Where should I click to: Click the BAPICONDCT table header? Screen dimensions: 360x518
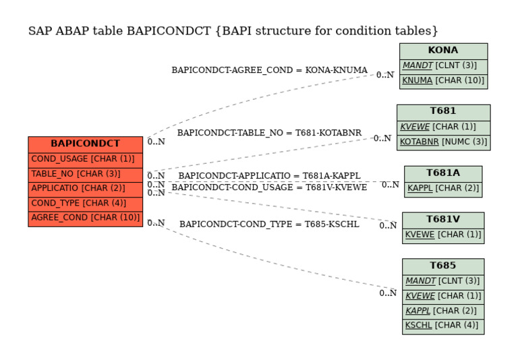click(85, 144)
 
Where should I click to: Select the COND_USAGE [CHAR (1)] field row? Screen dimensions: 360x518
click(85, 159)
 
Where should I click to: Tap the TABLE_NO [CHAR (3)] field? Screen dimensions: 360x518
click(85, 174)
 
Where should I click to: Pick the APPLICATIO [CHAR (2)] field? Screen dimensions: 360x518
click(85, 188)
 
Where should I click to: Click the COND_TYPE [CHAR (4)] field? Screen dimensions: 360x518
click(85, 203)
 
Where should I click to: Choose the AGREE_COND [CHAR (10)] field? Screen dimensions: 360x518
click(85, 218)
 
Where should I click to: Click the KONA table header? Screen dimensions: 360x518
click(442, 51)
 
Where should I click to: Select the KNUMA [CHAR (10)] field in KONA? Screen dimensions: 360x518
click(442, 81)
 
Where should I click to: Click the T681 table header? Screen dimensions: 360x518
click(442, 111)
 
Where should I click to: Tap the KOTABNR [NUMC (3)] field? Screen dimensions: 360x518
click(442, 142)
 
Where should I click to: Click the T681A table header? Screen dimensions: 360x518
click(442, 173)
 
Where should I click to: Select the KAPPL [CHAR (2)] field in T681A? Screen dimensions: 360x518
click(442, 189)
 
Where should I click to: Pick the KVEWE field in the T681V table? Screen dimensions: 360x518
click(442, 235)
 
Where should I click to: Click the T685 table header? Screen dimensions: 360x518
click(442, 266)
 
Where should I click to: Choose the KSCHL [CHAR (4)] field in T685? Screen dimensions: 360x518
click(442, 326)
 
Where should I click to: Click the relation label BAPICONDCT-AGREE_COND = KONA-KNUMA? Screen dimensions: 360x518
click(269, 70)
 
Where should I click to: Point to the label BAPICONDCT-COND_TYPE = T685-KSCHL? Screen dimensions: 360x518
click(269, 224)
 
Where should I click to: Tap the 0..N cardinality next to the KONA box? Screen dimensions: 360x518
click(384, 76)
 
